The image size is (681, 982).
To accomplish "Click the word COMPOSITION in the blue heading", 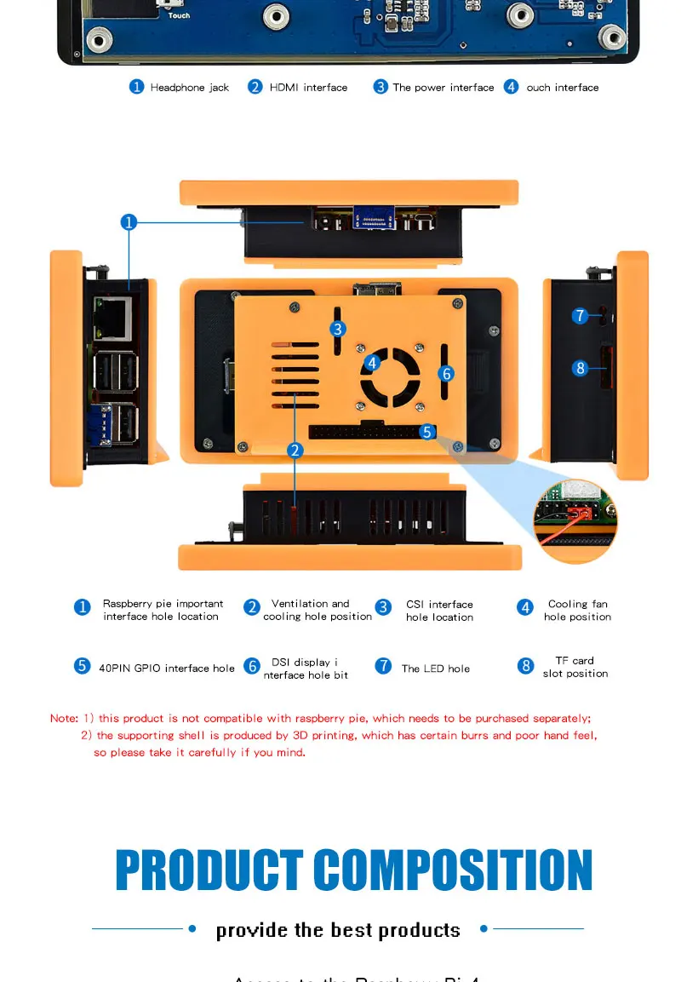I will click(x=452, y=870).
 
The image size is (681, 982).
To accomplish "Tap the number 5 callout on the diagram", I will click(x=428, y=432).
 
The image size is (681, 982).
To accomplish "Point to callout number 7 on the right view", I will click(x=580, y=316).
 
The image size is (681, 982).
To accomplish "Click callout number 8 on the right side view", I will click(x=580, y=368).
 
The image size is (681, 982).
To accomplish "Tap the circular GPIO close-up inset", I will click(x=575, y=520).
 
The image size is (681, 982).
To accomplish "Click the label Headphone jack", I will click(x=189, y=88).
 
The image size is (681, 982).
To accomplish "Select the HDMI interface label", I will click(x=308, y=88).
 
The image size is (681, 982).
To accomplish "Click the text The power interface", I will click(x=443, y=88).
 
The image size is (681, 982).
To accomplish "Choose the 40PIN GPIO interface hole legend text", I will click(x=166, y=669).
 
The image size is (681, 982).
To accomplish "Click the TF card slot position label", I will click(x=575, y=667).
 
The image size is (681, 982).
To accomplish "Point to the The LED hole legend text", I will click(x=435, y=669).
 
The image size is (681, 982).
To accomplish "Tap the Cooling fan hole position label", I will click(x=577, y=610).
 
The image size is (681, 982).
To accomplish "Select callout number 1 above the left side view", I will click(x=129, y=222).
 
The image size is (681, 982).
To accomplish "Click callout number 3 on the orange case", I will click(x=338, y=329).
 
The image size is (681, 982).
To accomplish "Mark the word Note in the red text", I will click(x=63, y=719).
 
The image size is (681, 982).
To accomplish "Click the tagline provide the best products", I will click(x=338, y=930).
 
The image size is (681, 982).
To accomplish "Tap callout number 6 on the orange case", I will click(x=447, y=373).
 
